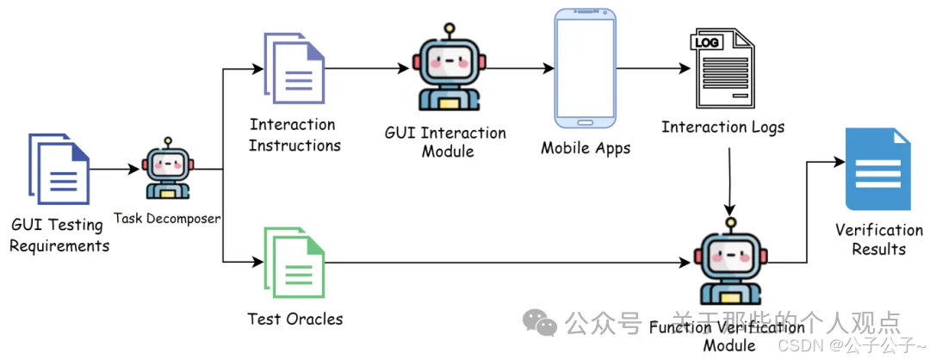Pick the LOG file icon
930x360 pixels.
pyautogui.click(x=714, y=67)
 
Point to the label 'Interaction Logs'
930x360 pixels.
pyautogui.click(x=722, y=127)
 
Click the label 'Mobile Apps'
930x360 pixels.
pyautogui.click(x=586, y=148)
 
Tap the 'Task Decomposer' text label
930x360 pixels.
pyautogui.click(x=167, y=219)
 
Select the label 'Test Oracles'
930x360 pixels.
pyautogui.click(x=295, y=319)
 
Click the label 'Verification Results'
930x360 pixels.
pyautogui.click(x=879, y=239)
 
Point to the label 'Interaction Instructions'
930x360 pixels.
pyautogui.click(x=294, y=135)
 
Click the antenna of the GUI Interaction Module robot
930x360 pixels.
pyautogui.click(x=447, y=28)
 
